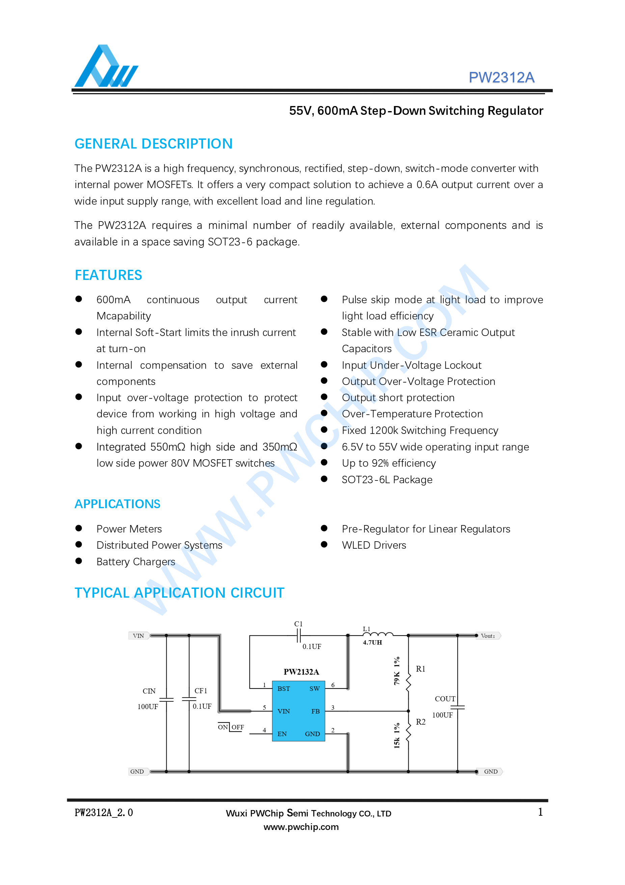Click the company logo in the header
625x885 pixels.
point(106,66)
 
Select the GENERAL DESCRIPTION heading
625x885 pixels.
point(153,144)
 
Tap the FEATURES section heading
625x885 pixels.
point(108,275)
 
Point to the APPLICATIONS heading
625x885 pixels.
point(117,504)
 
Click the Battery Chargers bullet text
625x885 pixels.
point(136,562)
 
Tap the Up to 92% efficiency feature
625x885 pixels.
point(388,463)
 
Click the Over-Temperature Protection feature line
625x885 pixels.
point(412,414)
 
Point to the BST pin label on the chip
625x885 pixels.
point(283,688)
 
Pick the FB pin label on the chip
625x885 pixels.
point(315,711)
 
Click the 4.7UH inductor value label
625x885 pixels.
point(372,643)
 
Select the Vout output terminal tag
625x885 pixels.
point(488,636)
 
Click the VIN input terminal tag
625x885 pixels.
point(138,636)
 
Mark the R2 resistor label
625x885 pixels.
point(420,722)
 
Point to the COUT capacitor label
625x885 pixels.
point(445,699)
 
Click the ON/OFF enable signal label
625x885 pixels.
point(230,727)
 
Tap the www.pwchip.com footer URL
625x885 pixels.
point(301,827)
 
